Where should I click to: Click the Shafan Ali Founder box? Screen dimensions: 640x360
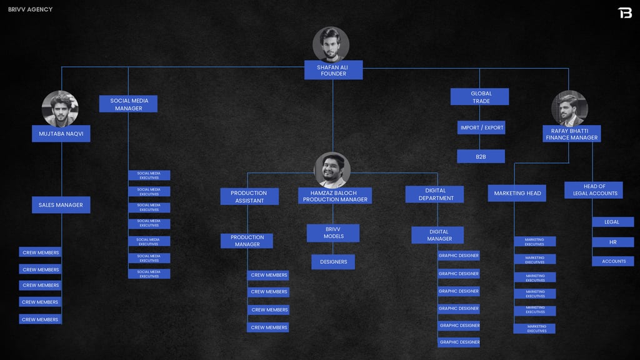click(333, 70)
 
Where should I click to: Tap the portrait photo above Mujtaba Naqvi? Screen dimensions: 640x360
click(60, 109)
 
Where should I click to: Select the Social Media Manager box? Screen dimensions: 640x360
click(128, 104)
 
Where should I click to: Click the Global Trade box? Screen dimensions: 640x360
click(480, 97)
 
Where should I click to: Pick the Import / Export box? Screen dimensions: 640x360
click(481, 127)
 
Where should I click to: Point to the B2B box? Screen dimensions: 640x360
click(481, 156)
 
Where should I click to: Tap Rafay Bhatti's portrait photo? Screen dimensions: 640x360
click(569, 109)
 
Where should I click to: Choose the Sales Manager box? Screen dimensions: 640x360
click(61, 205)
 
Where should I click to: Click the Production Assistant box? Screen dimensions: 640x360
click(249, 196)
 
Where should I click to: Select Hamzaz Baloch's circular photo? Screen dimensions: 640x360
click(332, 170)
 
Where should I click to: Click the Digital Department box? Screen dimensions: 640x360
click(434, 194)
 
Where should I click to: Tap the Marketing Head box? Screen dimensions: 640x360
click(517, 193)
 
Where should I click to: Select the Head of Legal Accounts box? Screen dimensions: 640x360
click(594, 190)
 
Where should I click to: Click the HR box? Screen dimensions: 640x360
click(612, 242)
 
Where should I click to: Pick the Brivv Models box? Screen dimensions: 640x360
click(333, 233)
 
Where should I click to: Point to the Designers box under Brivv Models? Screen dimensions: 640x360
click(333, 262)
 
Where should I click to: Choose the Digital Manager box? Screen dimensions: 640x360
click(437, 235)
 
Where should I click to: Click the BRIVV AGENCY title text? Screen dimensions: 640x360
click(30, 9)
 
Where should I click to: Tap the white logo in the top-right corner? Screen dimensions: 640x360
click(624, 12)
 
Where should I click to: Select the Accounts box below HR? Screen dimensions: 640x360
click(613, 261)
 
